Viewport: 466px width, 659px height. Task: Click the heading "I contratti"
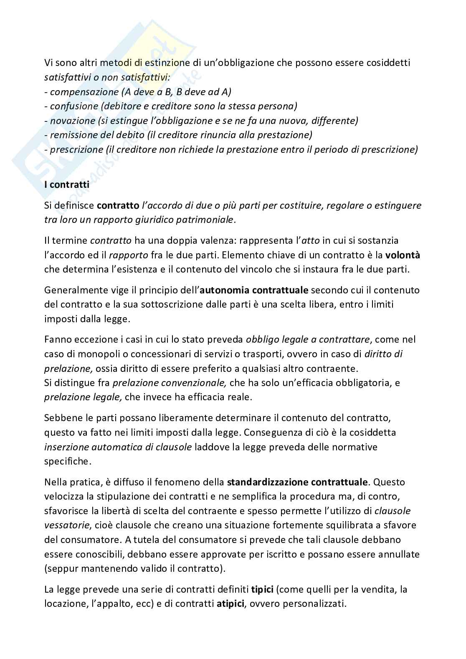coord(67,184)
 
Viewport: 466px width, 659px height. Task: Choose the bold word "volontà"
coord(403,255)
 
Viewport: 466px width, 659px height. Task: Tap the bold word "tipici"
coord(262,589)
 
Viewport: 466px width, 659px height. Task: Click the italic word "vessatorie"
coord(63,525)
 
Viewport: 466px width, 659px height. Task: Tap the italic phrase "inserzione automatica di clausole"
coord(118,447)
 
